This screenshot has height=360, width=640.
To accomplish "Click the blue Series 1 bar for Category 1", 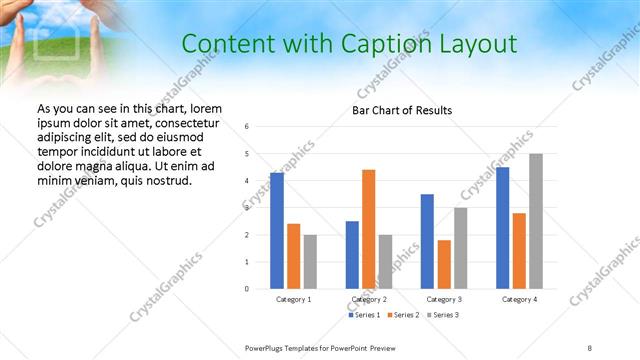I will (x=277, y=231).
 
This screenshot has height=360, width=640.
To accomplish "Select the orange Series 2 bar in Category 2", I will (x=368, y=229).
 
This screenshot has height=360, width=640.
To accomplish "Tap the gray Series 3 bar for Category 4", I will (x=536, y=221).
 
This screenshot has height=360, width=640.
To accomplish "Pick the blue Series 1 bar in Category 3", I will (x=427, y=241).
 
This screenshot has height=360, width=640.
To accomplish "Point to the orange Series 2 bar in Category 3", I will (x=444, y=264).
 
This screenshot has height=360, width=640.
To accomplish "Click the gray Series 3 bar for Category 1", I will (x=310, y=262).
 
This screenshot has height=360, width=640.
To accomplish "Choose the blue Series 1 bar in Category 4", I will (x=502, y=228).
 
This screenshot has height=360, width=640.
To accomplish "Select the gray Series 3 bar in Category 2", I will (x=385, y=262).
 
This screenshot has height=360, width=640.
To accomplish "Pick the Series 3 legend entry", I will (x=444, y=315).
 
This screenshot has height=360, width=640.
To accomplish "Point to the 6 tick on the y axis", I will (x=247, y=127).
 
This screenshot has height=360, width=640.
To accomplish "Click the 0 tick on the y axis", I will (x=247, y=289).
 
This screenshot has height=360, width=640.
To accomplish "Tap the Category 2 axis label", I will (x=368, y=299).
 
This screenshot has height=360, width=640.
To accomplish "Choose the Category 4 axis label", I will (x=519, y=299).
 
